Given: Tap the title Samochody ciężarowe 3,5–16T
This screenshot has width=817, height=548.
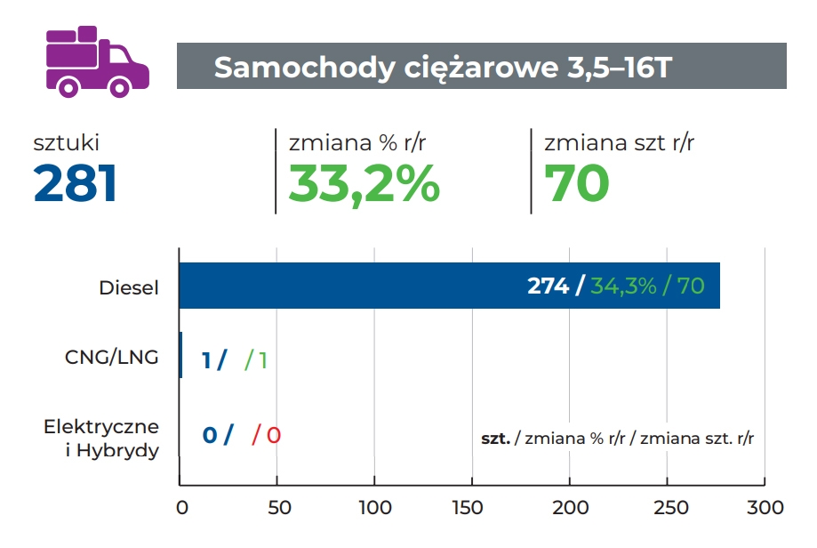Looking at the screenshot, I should [x=442, y=68].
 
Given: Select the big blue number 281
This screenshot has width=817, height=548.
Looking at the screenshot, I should [x=76, y=184].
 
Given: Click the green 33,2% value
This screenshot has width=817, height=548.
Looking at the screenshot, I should [x=364, y=184].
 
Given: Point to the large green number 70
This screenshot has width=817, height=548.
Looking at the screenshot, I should [x=576, y=184].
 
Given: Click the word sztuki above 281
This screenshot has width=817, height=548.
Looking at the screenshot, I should [x=67, y=142].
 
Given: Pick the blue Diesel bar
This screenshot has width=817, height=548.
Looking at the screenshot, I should [x=356, y=286].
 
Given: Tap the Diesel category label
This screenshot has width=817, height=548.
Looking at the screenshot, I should [x=130, y=287].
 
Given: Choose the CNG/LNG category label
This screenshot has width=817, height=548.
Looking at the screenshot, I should [x=112, y=358].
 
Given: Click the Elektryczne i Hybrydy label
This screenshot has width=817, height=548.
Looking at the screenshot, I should [x=101, y=438].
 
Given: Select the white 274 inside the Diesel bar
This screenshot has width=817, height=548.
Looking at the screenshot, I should [x=548, y=286].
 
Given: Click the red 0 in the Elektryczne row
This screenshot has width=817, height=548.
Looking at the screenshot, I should [x=274, y=436].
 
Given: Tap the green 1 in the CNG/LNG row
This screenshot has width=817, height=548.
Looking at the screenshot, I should [x=262, y=360].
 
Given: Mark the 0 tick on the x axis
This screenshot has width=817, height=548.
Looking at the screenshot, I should [x=181, y=508].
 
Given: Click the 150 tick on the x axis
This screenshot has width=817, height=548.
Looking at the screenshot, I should [x=472, y=508].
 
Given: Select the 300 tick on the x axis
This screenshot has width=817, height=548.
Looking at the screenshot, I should [x=765, y=508].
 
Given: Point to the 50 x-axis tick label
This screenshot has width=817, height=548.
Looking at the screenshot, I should [x=277, y=508].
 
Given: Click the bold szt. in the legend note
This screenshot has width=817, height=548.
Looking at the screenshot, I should [x=495, y=439].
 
